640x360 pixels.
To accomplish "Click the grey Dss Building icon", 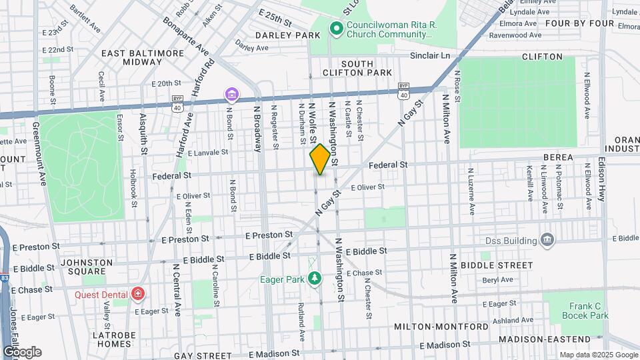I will click(x=547, y=239).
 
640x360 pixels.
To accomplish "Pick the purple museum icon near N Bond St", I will click(x=231, y=95).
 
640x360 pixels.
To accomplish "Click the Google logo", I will click(x=21, y=352).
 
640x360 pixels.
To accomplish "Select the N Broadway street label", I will click(x=256, y=127).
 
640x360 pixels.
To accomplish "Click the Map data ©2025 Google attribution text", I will click(x=597, y=355).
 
